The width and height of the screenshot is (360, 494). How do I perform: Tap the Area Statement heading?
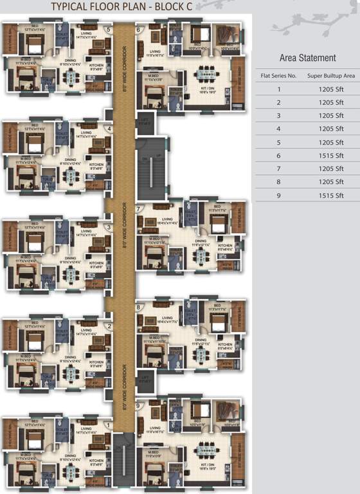[x=307, y=59]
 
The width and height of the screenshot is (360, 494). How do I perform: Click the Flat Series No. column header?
[x=278, y=76]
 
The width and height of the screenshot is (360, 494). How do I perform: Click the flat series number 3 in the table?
[x=278, y=116]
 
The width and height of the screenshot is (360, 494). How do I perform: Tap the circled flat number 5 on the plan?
[x=109, y=29]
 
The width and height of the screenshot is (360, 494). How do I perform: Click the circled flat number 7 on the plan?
[x=138, y=209]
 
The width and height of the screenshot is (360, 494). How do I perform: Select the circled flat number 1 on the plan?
[x=109, y=425]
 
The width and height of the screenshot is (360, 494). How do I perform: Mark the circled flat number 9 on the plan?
[x=138, y=406]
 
